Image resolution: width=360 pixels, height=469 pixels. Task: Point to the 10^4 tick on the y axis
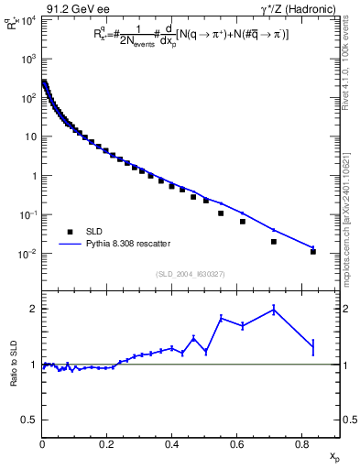30,20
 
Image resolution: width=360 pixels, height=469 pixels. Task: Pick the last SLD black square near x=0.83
313,251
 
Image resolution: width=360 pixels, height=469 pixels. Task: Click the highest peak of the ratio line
274,310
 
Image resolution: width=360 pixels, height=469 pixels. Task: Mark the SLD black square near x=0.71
274,242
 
